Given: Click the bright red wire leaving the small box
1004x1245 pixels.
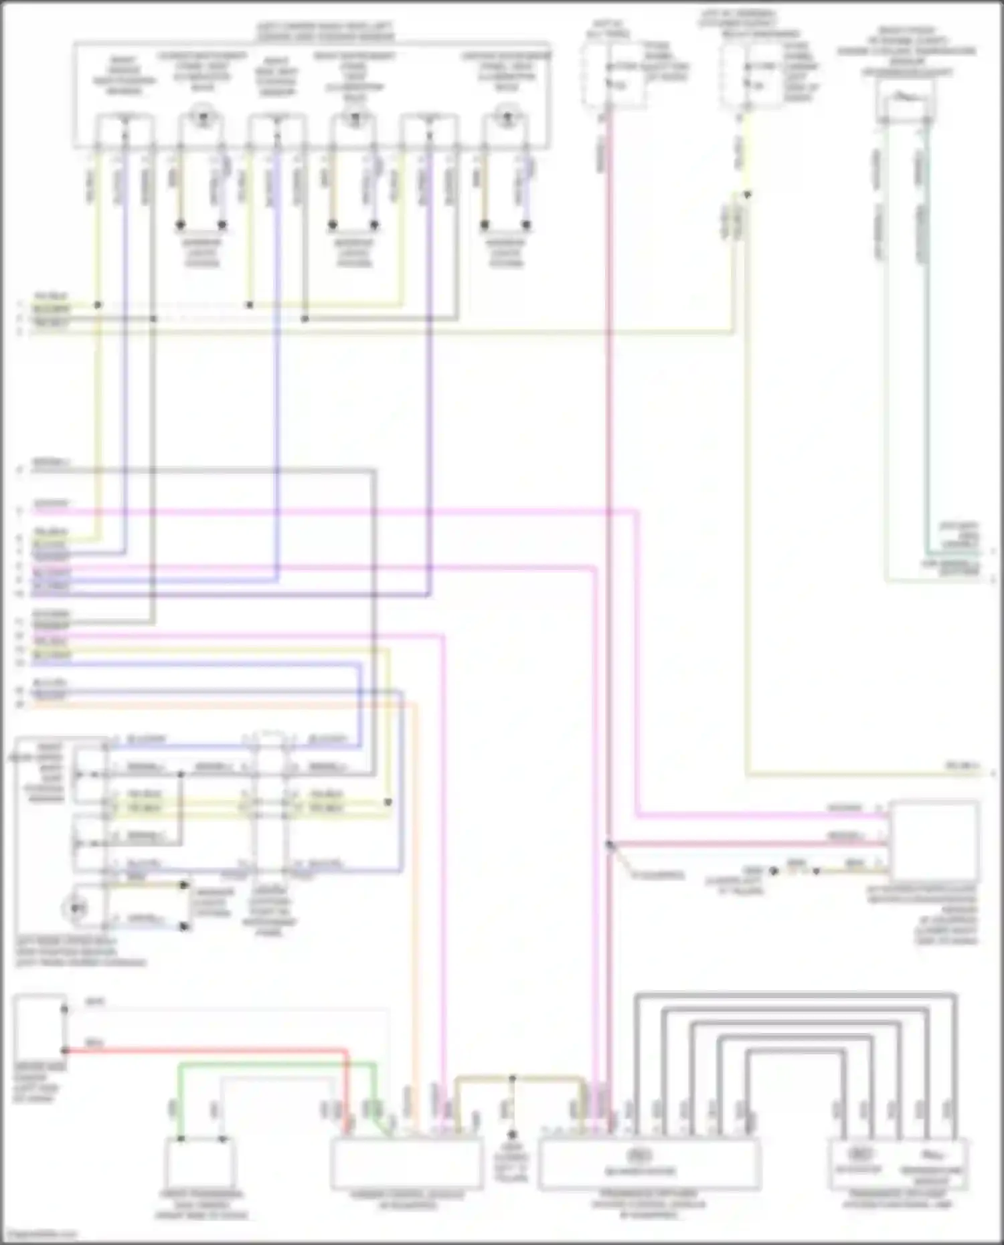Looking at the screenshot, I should [x=201, y=1052].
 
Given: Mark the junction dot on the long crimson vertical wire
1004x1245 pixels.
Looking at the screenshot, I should [x=609, y=845].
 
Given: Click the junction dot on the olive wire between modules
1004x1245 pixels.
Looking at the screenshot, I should [x=512, y=1079].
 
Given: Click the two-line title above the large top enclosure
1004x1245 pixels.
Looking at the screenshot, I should [x=326, y=32].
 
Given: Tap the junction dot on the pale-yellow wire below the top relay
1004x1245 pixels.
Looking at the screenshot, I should [x=748, y=195].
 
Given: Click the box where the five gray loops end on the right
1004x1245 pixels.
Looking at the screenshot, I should [x=898, y=1164].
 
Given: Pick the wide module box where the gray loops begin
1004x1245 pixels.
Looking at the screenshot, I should [x=649, y=1164].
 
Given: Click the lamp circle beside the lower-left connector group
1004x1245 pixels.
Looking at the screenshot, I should [x=79, y=908].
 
